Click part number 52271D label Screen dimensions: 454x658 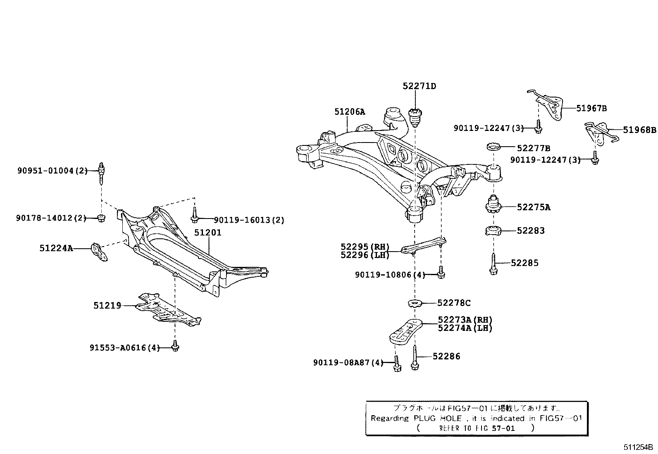click(419, 86)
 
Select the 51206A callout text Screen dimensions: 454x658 click(350, 112)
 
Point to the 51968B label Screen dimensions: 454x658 click(639, 130)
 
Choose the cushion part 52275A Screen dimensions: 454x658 click(493, 204)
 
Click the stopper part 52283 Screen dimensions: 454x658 click(493, 231)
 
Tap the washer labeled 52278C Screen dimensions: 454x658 click(415, 304)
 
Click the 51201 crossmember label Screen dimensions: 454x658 click(208, 233)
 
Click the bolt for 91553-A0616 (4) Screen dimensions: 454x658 click(175, 347)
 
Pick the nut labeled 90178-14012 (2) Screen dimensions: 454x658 click(101, 218)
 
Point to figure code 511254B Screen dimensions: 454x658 click(638, 447)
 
